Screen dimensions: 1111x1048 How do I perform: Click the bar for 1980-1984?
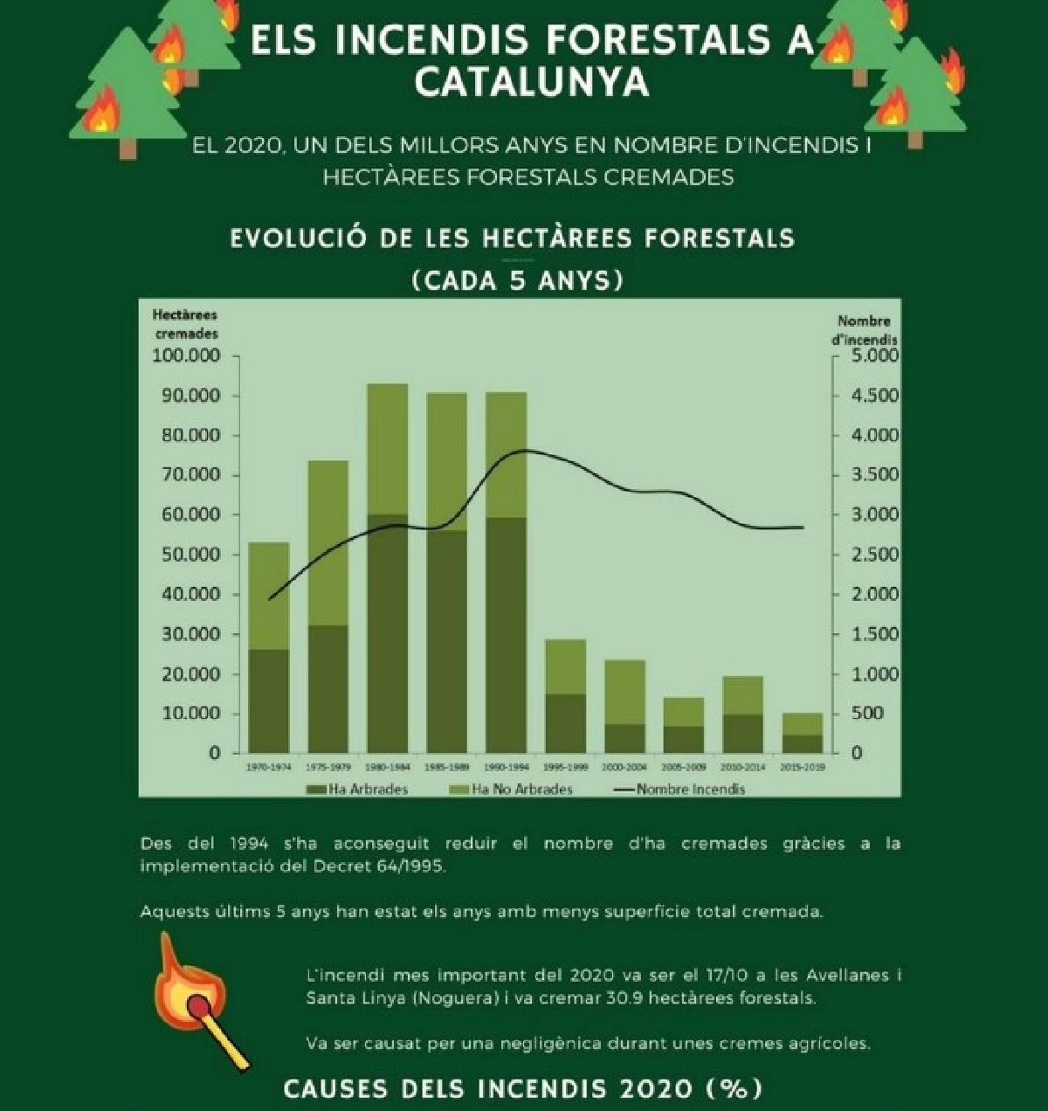coord(387,568)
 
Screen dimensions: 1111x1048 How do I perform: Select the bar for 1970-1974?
coord(269,647)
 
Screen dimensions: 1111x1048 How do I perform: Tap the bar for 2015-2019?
coord(802,733)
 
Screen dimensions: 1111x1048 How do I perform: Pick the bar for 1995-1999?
coord(565,696)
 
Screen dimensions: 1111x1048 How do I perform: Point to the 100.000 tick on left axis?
coord(186,356)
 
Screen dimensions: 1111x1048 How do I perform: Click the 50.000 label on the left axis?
coord(190,555)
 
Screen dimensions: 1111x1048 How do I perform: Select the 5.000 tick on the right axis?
coord(874,356)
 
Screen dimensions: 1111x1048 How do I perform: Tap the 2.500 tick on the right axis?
coord(874,555)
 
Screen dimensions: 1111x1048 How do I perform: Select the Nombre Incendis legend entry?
coord(680,790)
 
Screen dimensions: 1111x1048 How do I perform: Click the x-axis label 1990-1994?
coord(506,768)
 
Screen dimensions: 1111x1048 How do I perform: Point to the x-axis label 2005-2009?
coord(684,768)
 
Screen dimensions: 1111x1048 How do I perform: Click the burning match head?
coord(200,1004)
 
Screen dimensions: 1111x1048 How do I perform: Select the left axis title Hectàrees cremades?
coord(186,324)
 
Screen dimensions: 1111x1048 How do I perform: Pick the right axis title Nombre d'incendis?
coord(864,329)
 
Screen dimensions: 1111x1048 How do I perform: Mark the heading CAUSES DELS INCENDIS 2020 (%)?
coord(523,1089)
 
